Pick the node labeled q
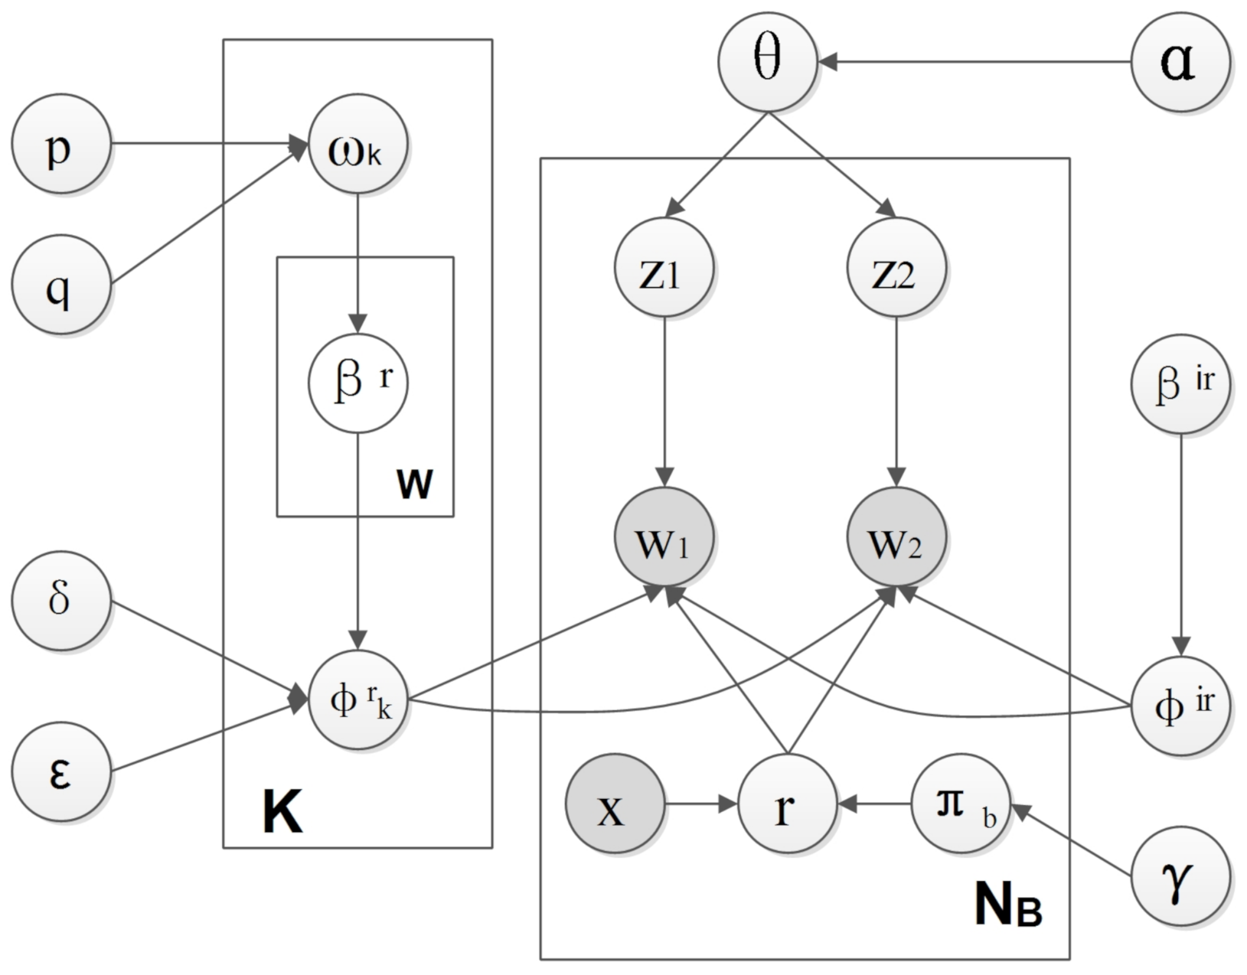61,285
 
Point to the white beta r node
357,383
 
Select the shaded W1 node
664,538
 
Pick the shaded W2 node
896,538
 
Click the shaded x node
615,805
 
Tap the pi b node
960,805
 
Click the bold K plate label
282,814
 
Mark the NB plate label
1007,905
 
